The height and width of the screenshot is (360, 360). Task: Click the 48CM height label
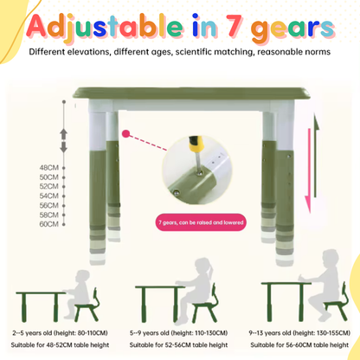[49, 168]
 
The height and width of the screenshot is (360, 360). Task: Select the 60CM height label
[49, 224]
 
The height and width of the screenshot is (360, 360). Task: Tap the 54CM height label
[49, 196]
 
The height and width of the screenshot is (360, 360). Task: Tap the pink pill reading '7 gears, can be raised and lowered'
[201, 222]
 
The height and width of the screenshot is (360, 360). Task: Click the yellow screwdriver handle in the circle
[196, 145]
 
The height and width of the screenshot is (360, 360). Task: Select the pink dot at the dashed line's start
[125, 133]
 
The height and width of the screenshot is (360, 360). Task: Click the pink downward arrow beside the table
[308, 170]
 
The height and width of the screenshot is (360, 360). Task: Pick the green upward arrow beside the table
[316, 156]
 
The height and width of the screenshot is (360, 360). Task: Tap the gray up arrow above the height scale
[63, 134]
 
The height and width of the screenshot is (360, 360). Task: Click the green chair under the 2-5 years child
[87, 305]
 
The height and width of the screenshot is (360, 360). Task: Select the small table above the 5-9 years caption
[159, 304]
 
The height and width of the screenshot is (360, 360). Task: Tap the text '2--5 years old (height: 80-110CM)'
[60, 333]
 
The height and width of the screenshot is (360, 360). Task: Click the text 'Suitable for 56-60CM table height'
[299, 345]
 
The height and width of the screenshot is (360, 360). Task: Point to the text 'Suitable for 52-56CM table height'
[178, 345]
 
